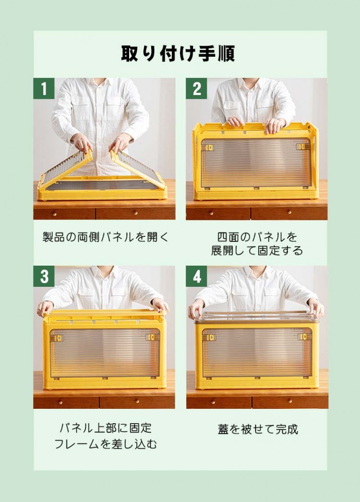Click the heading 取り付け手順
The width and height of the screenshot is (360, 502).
click(x=178, y=53)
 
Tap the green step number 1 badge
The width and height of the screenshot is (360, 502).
click(x=44, y=88)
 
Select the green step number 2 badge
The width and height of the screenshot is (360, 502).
click(x=196, y=88)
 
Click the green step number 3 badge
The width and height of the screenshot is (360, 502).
click(x=44, y=276)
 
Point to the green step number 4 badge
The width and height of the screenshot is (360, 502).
click(x=196, y=276)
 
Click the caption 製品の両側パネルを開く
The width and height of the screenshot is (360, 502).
click(x=105, y=237)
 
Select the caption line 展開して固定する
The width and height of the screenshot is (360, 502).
click(x=257, y=250)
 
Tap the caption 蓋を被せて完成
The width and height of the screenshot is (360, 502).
click(x=258, y=429)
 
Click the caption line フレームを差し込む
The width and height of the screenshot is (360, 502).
click(x=106, y=444)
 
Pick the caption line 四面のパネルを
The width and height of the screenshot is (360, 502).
click(x=257, y=237)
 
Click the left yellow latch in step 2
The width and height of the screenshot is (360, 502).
click(x=210, y=147)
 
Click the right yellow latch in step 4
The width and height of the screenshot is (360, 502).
click(x=304, y=337)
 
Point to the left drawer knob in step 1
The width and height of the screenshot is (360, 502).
click(x=54, y=214)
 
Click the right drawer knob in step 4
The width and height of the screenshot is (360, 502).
click(x=289, y=401)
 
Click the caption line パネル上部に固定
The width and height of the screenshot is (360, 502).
click(x=106, y=428)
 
